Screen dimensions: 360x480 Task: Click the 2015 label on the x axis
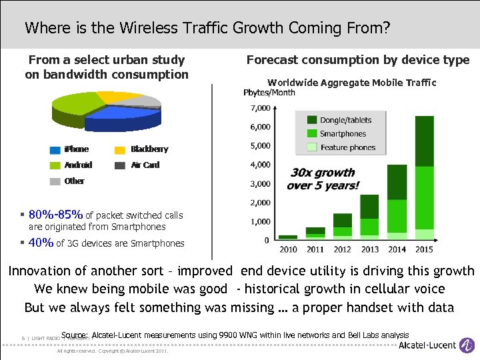pyautogui.click(x=424, y=249)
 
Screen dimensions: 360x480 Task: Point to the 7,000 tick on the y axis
pyautogui.click(x=260, y=107)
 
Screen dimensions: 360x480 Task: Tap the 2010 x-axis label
pyautogui.click(x=288, y=249)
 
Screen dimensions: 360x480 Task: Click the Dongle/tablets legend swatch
pyautogui.click(x=312, y=120)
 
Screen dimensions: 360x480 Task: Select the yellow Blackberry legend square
pyautogui.click(x=120, y=149)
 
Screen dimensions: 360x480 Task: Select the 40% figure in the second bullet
pyautogui.click(x=41, y=243)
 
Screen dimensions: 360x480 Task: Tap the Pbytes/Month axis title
pyautogui.click(x=269, y=93)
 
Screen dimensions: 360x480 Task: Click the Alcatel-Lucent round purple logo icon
pyautogui.click(x=469, y=345)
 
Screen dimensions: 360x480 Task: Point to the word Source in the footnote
pyautogui.click(x=75, y=335)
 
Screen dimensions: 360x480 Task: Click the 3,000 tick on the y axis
pyautogui.click(x=260, y=183)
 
